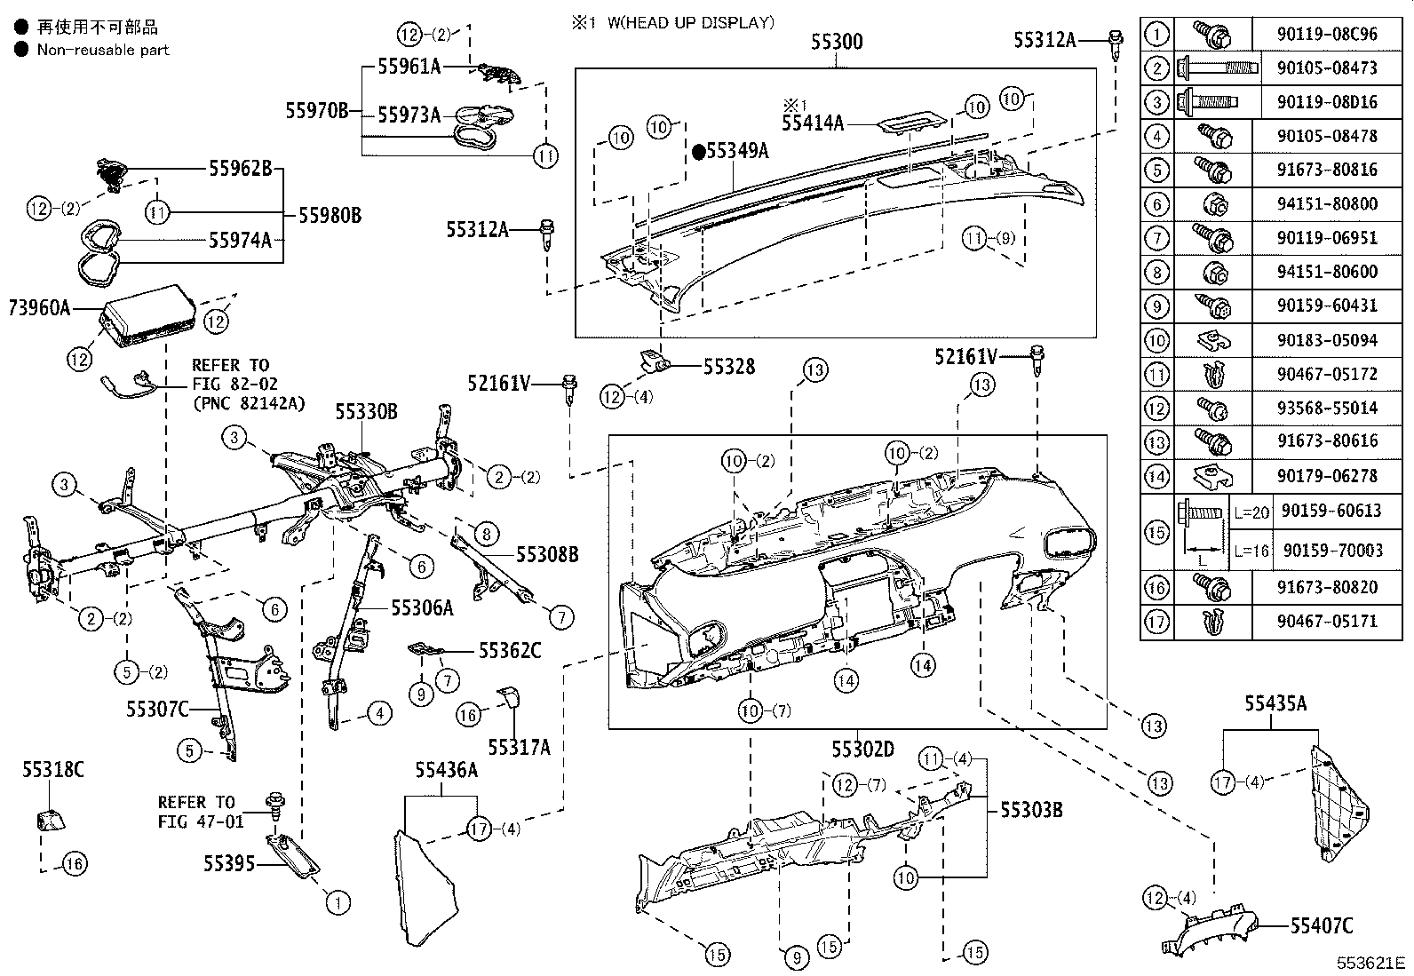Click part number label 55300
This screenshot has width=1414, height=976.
tap(836, 42)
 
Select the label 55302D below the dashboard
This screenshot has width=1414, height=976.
tap(862, 749)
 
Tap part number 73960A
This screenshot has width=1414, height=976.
tap(39, 308)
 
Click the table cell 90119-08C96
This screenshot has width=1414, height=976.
tap(1327, 35)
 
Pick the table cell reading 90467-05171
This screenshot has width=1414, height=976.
tap(1327, 621)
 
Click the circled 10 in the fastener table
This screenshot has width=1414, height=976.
tap(1156, 340)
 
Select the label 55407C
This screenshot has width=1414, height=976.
tap(1322, 926)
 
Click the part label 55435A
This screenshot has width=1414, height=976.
tap(1275, 704)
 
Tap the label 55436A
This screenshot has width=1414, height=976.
tap(446, 770)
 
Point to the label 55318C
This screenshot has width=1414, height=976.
tap(53, 770)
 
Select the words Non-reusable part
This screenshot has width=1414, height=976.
tap(102, 50)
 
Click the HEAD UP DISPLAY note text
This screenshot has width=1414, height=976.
tap(689, 23)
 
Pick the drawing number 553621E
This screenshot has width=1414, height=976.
tap(1372, 963)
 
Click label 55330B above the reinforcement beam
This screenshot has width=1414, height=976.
tap(366, 411)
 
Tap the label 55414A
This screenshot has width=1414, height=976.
tap(813, 123)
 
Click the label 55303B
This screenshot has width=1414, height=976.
tap(1031, 809)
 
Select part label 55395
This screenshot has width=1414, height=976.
tap(228, 863)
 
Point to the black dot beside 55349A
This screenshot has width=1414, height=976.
tap(698, 152)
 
